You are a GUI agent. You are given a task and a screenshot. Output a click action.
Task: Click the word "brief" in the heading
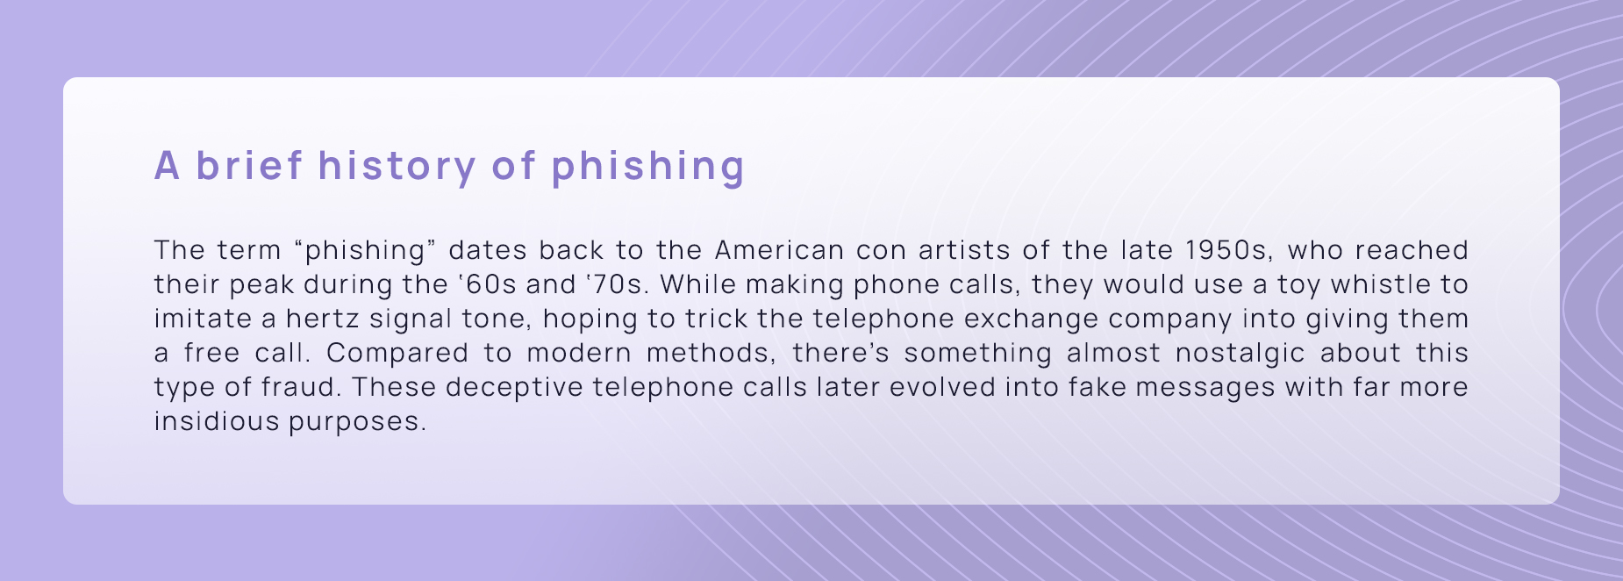tap(248, 165)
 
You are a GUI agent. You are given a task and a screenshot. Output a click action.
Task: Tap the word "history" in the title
tap(396, 165)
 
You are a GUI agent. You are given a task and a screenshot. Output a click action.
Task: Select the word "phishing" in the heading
tap(647, 167)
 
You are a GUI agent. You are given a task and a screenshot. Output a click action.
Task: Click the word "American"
tap(779, 250)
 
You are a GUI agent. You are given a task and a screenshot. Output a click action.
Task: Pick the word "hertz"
tap(322, 319)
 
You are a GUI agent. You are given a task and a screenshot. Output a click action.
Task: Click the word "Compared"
tap(397, 353)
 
